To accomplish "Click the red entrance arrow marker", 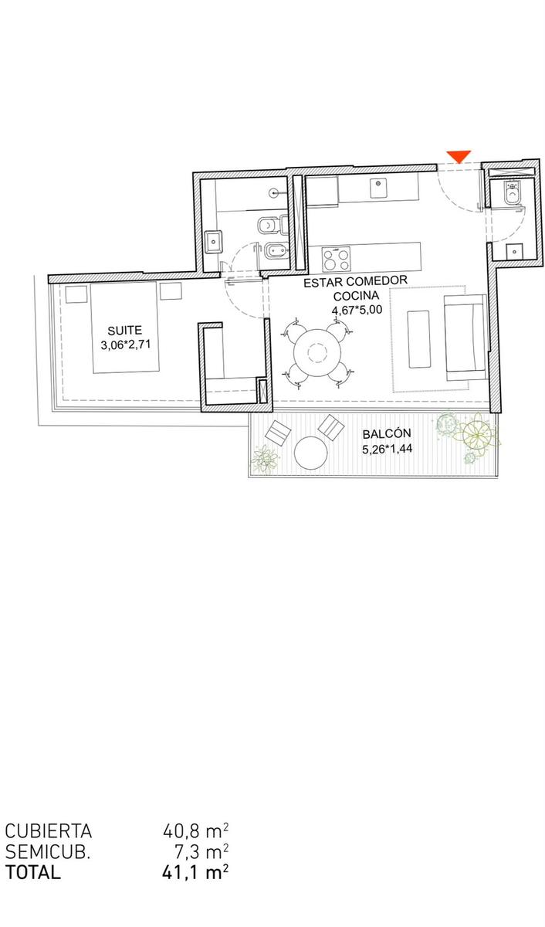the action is click(x=459, y=156).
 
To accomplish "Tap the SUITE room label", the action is click(x=124, y=331).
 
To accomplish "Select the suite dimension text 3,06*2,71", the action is click(x=125, y=345).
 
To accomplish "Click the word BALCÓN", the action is click(x=387, y=433).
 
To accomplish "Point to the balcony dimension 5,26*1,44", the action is click(x=387, y=448).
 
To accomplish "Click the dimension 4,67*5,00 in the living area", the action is click(x=357, y=310).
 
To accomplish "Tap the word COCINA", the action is click(x=356, y=296).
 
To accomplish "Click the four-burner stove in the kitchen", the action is click(x=336, y=259).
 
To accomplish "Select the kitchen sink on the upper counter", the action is click(x=378, y=188).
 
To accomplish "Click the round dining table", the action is click(x=317, y=352).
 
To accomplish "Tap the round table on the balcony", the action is click(x=311, y=453).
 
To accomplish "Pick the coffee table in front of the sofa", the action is click(x=419, y=339).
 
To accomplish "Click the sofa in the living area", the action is click(x=465, y=338).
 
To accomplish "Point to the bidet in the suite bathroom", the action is click(x=276, y=251).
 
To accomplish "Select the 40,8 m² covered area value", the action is click(x=195, y=830).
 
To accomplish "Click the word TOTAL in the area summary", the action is click(x=32, y=871).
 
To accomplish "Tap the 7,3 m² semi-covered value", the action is click(x=201, y=851).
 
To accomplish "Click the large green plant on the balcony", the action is click(x=478, y=433).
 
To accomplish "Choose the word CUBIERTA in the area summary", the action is click(x=49, y=830).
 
